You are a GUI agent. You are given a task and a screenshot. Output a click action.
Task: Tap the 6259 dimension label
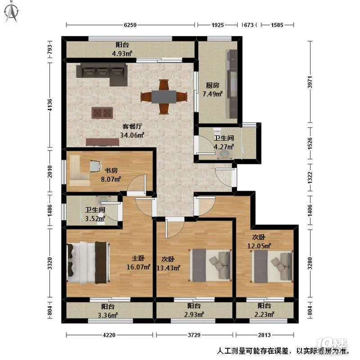click(130, 25)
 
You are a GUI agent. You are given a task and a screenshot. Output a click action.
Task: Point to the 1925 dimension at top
click(217, 25)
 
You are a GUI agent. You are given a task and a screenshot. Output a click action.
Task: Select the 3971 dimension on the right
click(310, 82)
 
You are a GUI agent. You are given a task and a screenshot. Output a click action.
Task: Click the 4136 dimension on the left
click(49, 105)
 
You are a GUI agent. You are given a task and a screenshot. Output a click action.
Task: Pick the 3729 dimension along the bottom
click(194, 335)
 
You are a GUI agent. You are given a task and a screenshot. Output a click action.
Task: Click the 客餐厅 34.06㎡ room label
click(132, 131)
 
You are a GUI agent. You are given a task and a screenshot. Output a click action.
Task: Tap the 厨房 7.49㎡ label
click(212, 90)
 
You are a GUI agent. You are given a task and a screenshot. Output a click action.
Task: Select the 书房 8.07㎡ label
click(111, 175)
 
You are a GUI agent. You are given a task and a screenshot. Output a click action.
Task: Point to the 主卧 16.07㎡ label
click(138, 263)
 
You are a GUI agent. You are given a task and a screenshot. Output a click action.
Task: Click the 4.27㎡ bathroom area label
click(224, 146)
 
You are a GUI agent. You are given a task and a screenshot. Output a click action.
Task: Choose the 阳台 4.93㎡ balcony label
click(122, 49)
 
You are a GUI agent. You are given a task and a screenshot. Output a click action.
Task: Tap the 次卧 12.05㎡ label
click(259, 241)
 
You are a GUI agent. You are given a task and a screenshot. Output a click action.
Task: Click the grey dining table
click(164, 97)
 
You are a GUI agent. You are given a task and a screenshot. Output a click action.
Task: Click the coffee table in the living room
click(102, 113)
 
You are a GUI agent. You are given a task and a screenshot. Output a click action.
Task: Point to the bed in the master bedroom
click(89, 263)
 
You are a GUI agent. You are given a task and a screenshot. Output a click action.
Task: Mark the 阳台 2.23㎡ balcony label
click(264, 310)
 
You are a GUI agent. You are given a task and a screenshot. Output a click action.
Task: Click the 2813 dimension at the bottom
click(264, 335)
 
